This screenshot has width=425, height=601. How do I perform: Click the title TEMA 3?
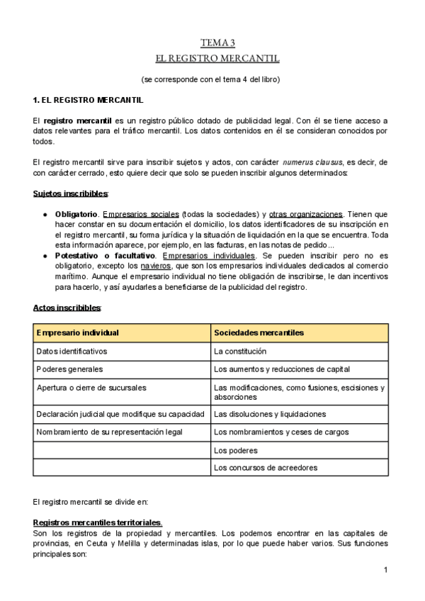(x=217, y=43)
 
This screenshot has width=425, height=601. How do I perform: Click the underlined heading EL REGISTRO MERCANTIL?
(x=217, y=58)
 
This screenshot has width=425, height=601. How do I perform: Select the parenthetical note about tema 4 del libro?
(x=210, y=79)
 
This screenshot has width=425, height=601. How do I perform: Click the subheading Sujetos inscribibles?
(x=71, y=193)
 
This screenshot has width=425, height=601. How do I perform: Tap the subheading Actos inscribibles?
(x=67, y=308)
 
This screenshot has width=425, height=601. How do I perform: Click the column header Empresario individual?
(x=77, y=332)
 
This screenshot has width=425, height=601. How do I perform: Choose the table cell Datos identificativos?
(x=72, y=351)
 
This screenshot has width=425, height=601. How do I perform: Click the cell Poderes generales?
(x=69, y=369)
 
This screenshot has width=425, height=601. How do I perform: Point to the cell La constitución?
(x=240, y=351)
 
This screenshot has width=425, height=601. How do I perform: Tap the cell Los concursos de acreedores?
(x=266, y=468)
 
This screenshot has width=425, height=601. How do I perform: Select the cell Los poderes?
(x=235, y=450)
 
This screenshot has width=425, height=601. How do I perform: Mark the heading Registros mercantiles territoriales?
(x=98, y=522)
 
